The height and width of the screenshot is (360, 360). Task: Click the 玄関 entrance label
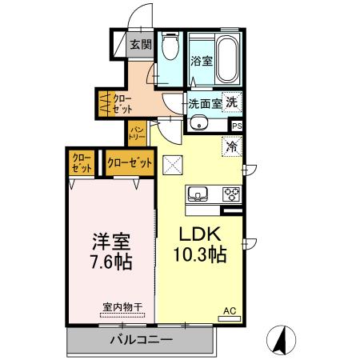click(141, 45)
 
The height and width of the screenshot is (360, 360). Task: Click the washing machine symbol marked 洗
click(231, 102)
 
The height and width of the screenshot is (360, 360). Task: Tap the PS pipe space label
click(237, 126)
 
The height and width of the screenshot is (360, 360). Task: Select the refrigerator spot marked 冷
click(233, 147)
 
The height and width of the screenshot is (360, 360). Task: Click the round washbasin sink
click(198, 123)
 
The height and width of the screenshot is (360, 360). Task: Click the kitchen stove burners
click(232, 194)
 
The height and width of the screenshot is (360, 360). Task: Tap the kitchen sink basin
click(198, 194)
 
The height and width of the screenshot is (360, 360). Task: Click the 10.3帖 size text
click(198, 256)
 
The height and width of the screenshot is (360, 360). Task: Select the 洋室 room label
click(110, 241)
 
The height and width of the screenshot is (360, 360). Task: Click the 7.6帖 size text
click(110, 261)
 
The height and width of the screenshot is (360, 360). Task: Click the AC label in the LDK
click(228, 310)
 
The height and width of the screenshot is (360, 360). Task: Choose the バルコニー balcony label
click(141, 340)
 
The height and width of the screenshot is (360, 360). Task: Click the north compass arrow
click(282, 339)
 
